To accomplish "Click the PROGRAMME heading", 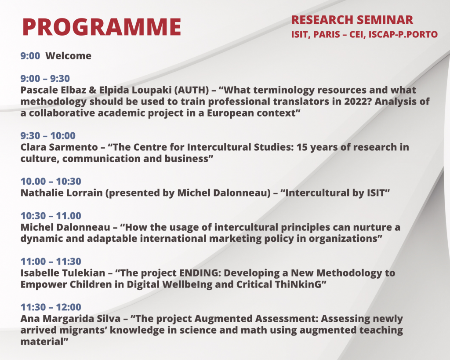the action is coord(102,27).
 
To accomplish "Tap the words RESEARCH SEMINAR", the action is coord(352,20).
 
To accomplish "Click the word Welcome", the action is coord(68,56).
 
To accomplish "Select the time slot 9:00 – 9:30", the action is coord(45,78).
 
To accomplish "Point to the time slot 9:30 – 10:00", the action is coord(48,135).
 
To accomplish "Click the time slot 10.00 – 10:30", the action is coord(51,181).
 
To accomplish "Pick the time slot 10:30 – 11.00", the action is coord(51,215).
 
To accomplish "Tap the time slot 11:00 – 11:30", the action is coord(51,261).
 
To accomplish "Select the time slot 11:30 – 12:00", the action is coord(51,307).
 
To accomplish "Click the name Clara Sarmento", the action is coord(59,147).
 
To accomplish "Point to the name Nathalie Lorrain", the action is coord(62,193).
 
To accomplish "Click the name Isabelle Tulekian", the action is coord(63,273).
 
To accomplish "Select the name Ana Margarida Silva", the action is coord(70,318).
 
